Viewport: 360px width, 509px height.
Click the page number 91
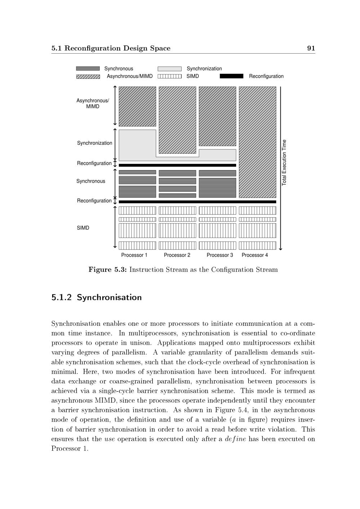(311, 48)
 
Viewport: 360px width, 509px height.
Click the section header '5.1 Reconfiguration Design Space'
(111, 48)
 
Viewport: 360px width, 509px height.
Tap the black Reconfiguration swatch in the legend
(231, 76)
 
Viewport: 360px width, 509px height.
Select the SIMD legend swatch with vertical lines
(170, 76)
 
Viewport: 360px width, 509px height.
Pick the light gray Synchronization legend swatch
(170, 69)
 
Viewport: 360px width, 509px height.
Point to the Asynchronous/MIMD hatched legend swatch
(88, 76)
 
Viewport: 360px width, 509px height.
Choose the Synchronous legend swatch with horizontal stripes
(88, 69)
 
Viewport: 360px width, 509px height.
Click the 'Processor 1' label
(134, 255)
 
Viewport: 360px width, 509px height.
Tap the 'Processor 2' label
(177, 255)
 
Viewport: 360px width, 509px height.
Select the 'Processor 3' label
(220, 255)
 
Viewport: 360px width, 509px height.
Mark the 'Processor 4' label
(255, 255)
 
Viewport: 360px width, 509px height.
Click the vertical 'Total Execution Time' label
(284, 163)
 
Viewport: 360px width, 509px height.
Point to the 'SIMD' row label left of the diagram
(83, 228)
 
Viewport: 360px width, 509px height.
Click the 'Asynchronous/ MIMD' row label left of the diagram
(93, 104)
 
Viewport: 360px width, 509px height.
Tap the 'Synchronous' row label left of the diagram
(91, 181)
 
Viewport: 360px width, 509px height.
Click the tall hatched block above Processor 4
(257, 142)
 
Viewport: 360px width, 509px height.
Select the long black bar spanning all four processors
(197, 202)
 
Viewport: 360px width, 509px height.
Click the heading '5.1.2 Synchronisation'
(96, 297)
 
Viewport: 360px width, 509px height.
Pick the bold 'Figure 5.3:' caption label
(107, 270)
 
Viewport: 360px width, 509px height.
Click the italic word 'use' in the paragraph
(109, 439)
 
